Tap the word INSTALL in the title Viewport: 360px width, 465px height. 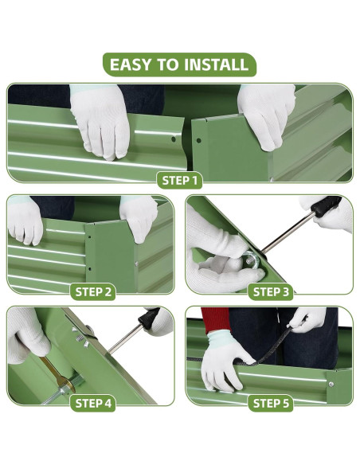tap(216, 64)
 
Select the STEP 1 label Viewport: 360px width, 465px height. tap(179, 180)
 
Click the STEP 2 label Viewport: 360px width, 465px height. tap(93, 291)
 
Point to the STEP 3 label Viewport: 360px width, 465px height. tap(271, 291)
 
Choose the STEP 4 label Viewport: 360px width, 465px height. tap(93, 404)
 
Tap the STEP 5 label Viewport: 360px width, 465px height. tap(271, 404)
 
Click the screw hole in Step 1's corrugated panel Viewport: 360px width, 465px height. tap(174, 139)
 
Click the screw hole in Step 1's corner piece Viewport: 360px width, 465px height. tap(198, 141)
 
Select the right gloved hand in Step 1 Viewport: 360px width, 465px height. tap(265, 115)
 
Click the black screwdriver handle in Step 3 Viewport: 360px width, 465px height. tap(327, 205)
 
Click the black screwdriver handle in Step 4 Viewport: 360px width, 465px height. tap(149, 318)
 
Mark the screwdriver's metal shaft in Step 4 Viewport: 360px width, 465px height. tap(125, 338)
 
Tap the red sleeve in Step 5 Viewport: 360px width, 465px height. tap(216, 320)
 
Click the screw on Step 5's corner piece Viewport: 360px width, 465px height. tap(331, 385)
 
